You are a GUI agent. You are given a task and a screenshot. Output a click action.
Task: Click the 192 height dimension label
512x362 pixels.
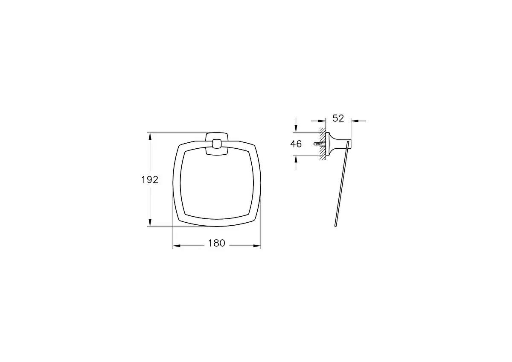[x=150, y=180]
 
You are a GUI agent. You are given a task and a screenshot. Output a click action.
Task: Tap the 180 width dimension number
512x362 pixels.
[x=216, y=244]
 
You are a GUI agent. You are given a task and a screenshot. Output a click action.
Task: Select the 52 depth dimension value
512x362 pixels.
[x=338, y=119]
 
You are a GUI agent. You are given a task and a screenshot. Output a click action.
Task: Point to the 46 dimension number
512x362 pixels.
[x=296, y=144]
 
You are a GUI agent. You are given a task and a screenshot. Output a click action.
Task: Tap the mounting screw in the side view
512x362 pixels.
[x=317, y=144]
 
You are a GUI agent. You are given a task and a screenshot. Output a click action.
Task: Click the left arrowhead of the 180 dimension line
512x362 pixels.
[x=175, y=246]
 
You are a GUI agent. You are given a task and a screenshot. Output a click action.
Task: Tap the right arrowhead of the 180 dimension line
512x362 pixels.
[x=258, y=246]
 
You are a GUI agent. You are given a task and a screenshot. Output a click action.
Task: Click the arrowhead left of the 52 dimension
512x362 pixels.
[x=324, y=121]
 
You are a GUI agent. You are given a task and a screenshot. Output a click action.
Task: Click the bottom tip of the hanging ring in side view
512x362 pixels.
[x=336, y=225]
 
